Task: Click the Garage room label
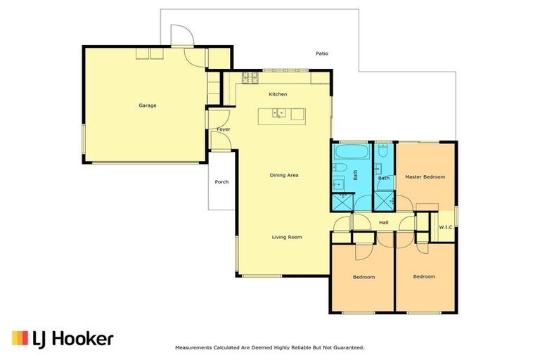(x=147, y=105)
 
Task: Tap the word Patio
(x=321, y=53)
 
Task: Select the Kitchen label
(x=278, y=94)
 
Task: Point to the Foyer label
(x=224, y=129)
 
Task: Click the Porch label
(x=221, y=181)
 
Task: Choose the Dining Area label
(x=284, y=175)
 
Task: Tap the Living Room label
(x=287, y=237)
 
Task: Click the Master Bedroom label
(x=425, y=177)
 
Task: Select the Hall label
(x=383, y=223)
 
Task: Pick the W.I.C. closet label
(x=446, y=227)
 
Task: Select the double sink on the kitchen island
(x=279, y=112)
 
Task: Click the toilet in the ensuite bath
(x=384, y=150)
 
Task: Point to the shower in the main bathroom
(x=342, y=200)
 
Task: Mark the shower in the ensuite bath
(x=384, y=200)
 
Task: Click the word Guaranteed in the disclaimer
(x=343, y=347)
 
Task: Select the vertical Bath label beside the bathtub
(x=356, y=175)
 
